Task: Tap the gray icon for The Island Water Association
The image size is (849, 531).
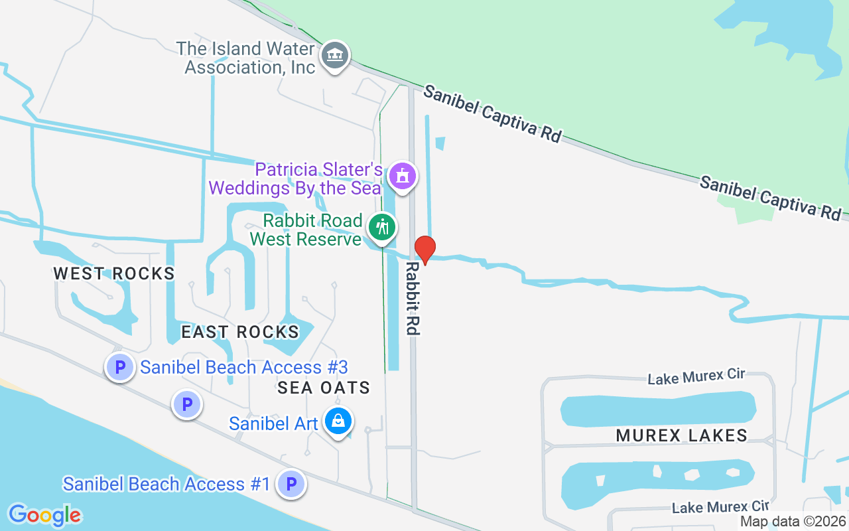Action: (336, 56)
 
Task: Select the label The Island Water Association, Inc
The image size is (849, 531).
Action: (245, 58)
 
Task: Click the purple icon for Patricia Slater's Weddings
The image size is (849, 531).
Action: (402, 177)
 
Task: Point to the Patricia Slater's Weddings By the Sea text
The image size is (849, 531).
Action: (296, 179)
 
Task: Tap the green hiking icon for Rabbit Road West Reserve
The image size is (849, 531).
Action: (382, 228)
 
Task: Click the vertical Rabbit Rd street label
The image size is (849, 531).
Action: (413, 297)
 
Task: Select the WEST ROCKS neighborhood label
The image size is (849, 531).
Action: (114, 273)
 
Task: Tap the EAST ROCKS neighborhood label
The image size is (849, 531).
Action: (240, 332)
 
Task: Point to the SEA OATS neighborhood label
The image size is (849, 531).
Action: (324, 388)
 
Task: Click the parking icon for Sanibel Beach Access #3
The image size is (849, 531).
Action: (120, 366)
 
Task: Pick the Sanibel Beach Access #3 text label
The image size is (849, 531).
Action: (244, 367)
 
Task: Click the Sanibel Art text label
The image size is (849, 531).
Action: (273, 423)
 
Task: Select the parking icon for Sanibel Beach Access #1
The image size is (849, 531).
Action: (291, 484)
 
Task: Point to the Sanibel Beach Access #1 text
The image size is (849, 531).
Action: (166, 484)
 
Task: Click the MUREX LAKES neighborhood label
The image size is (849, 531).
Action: (682, 435)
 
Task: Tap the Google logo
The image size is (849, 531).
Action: (45, 514)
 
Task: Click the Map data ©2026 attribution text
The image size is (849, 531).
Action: (793, 522)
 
